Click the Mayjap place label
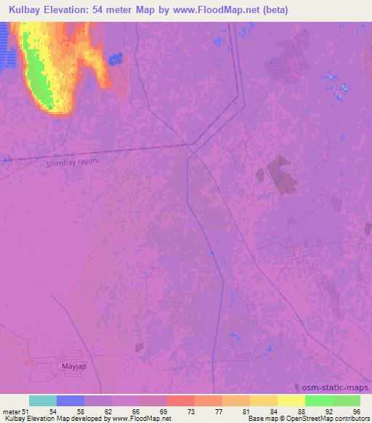[x=71, y=366]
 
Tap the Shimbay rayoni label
[x=72, y=164]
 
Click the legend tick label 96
[x=356, y=411]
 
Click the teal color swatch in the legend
[x=43, y=400]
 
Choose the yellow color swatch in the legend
[x=291, y=400]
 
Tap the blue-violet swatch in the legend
[x=70, y=400]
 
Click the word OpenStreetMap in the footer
[x=305, y=419]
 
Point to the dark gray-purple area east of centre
[x=278, y=172]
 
